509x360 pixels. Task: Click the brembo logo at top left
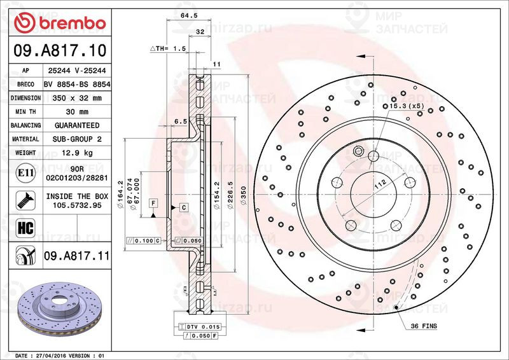tap(60, 23)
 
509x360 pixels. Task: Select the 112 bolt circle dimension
tap(380, 184)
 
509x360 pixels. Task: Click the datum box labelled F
tap(153, 203)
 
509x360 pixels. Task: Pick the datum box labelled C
tap(183, 207)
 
